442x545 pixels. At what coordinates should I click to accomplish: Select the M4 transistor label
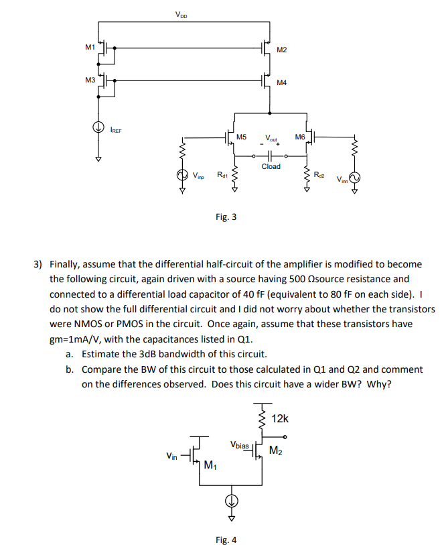coord(281,83)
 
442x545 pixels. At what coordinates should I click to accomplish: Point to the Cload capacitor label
coord(271,166)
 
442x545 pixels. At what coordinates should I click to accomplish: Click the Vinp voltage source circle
coord(181,176)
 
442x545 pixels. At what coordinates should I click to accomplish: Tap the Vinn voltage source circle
coord(355,178)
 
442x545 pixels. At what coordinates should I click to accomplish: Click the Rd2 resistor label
coord(319,176)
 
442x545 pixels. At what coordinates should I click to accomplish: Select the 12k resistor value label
coord(280,419)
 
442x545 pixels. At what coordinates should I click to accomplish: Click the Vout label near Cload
coord(271,139)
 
